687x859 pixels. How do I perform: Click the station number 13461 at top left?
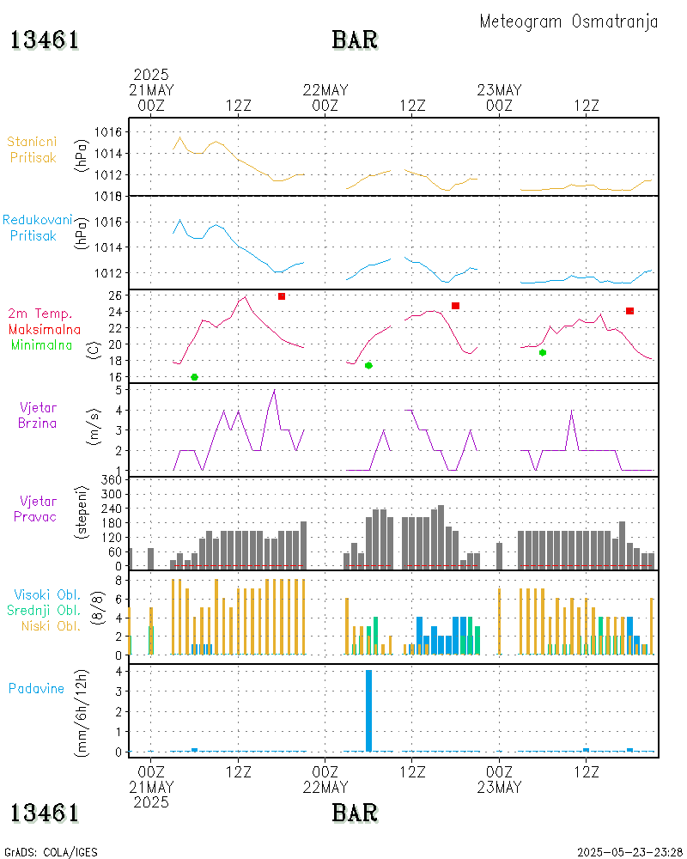tap(45, 40)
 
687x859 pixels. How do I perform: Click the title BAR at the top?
tap(355, 40)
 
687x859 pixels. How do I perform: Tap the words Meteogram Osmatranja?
tap(568, 21)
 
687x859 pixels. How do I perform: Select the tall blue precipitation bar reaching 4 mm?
tap(368, 710)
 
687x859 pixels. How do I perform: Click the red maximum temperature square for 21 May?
tap(282, 296)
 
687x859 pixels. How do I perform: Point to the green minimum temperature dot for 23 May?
tap(543, 352)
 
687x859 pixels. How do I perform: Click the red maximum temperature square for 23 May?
tap(630, 311)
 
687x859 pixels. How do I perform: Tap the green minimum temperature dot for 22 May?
tap(368, 366)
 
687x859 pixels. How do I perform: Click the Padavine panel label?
tap(36, 688)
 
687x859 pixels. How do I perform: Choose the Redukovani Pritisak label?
tap(38, 228)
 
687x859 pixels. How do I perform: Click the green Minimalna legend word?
tap(42, 345)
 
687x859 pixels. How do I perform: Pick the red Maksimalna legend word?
tap(45, 330)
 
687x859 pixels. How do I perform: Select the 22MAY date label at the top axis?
tap(325, 90)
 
